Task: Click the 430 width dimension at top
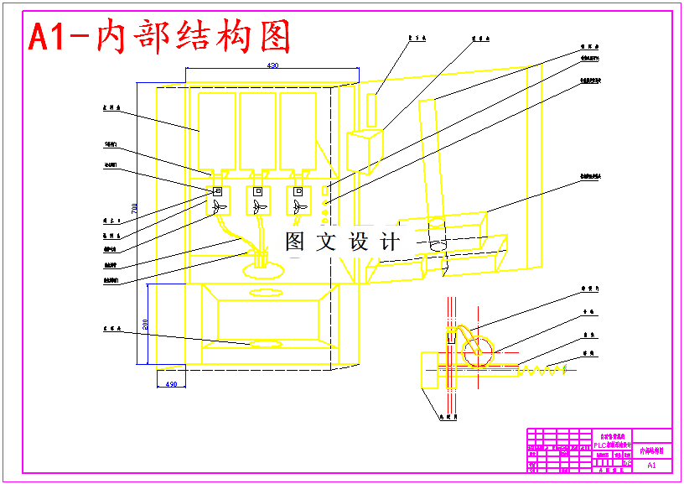(272, 65)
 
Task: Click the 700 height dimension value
(133, 207)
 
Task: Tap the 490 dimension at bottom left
(170, 384)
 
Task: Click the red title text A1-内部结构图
(159, 38)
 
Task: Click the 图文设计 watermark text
(341, 242)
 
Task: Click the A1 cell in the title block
(652, 463)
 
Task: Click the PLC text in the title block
(602, 445)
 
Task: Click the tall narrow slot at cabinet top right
(373, 110)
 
